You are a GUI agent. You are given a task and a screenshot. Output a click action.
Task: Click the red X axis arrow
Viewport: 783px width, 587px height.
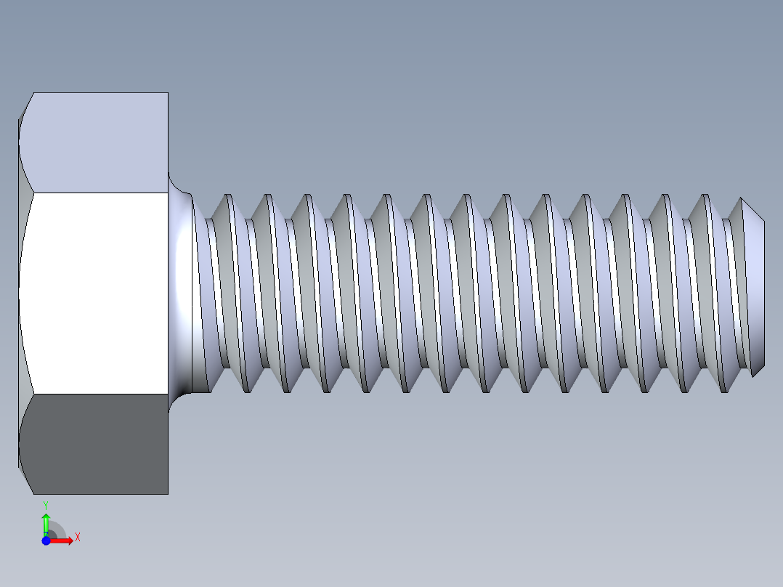(x=62, y=540)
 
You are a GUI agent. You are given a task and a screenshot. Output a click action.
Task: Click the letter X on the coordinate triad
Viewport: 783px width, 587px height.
(x=78, y=538)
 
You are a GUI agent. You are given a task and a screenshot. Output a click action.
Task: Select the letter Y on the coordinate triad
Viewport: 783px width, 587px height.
(x=46, y=504)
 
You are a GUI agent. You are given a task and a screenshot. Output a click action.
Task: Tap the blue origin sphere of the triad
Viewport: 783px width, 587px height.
(x=46, y=541)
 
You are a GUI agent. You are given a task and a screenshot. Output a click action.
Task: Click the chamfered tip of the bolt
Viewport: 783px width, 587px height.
(x=755, y=291)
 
